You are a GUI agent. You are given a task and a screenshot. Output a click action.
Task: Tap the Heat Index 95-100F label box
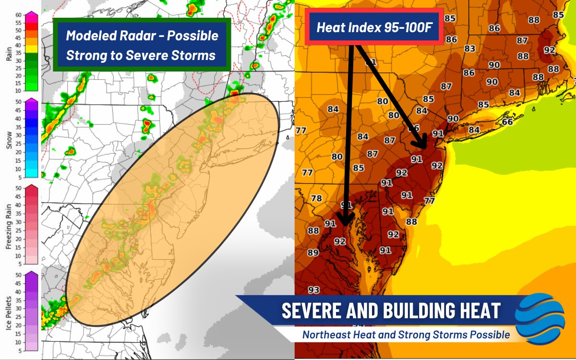point(374,27)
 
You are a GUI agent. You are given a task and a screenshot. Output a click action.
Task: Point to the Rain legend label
point(9,53)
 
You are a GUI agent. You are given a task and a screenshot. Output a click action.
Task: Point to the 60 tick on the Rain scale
point(19,14)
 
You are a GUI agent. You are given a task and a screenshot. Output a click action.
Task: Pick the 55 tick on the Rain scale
point(19,22)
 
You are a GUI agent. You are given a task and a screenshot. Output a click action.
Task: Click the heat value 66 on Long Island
point(507,121)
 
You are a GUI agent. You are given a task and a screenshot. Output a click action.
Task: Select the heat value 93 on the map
point(314,290)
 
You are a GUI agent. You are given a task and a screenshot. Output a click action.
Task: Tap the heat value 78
point(316,198)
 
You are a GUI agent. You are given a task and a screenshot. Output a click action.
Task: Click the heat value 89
point(313,252)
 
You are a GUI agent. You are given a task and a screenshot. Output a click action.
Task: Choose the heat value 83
point(469,48)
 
